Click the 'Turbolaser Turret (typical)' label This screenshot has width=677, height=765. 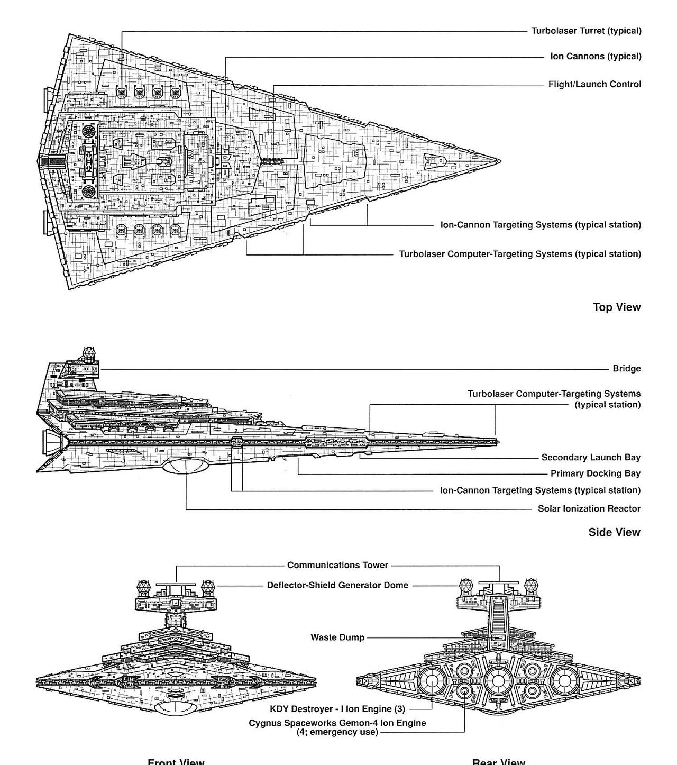click(x=586, y=31)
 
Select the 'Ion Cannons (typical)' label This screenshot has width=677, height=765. click(x=596, y=56)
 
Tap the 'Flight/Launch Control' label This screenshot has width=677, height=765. click(x=594, y=84)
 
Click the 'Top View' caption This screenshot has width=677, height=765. click(x=616, y=307)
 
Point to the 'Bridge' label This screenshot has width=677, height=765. click(x=626, y=369)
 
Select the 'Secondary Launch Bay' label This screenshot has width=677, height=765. click(x=590, y=458)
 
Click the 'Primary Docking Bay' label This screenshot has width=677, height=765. click(x=595, y=474)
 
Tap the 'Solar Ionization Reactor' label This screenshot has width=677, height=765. click(x=589, y=509)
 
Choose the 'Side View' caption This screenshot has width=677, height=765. click(x=614, y=532)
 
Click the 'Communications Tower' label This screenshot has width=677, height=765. click(x=337, y=565)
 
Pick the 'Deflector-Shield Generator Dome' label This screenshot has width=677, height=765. click(x=337, y=585)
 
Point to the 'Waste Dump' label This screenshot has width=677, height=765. click(x=337, y=637)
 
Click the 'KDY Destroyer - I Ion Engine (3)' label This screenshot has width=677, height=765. click(x=337, y=709)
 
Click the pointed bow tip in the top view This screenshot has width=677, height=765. click(x=499, y=161)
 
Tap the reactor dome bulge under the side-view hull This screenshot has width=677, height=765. click(x=185, y=466)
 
